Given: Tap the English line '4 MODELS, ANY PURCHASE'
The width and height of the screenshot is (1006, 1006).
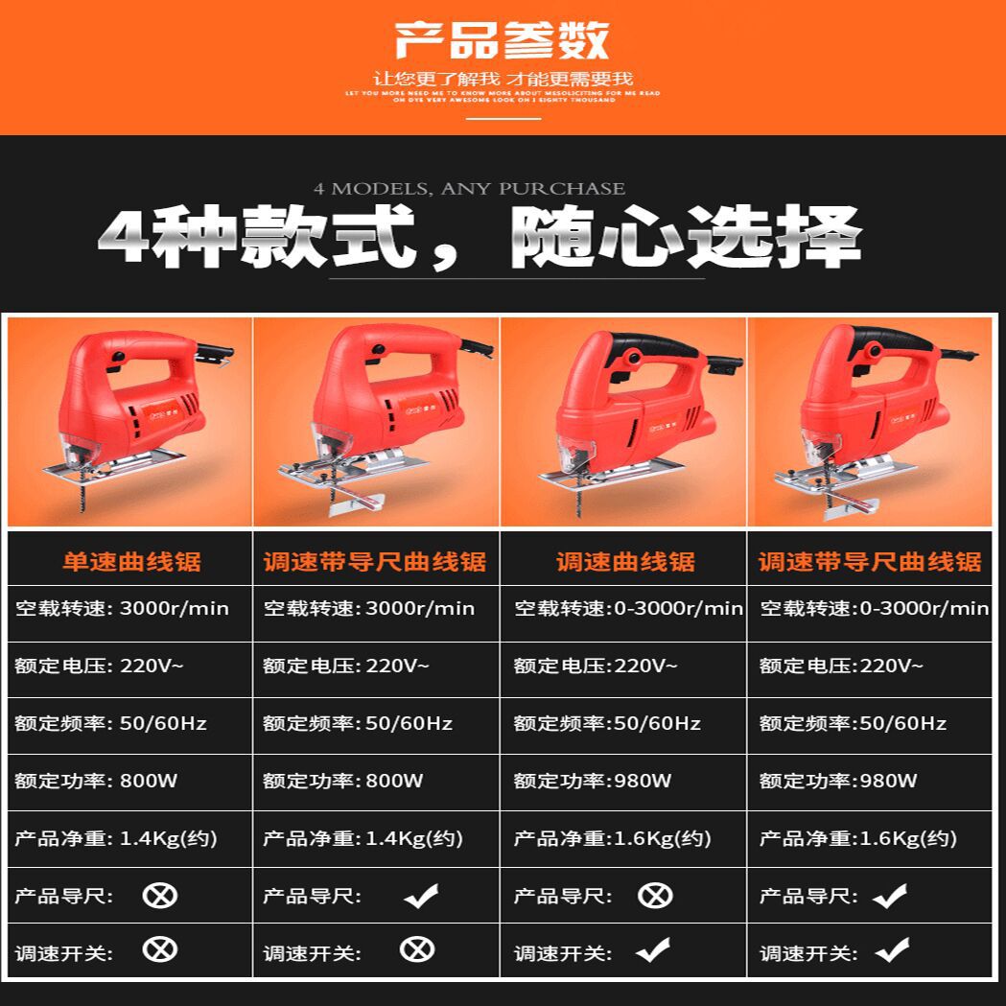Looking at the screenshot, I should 469,189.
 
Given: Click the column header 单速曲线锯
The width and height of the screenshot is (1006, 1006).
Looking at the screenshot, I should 131,562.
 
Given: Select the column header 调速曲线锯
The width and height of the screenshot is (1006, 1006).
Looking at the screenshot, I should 625,562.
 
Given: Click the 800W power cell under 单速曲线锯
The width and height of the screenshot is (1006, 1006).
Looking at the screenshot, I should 96,781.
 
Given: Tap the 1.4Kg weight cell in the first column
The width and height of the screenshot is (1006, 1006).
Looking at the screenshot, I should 116,838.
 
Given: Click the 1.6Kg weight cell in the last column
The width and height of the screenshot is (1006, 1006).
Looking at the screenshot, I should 858,838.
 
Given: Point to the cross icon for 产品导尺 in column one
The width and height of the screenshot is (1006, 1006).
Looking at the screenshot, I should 160,896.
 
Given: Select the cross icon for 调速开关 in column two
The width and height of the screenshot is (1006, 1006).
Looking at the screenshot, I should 417,950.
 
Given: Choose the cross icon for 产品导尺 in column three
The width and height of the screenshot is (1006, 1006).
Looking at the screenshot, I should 655,896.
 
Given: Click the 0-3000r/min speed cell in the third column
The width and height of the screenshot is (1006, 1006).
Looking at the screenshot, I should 628,608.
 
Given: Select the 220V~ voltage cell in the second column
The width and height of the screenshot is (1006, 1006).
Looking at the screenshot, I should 346,666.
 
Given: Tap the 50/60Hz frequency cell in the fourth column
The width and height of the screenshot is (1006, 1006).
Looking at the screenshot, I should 853,723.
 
